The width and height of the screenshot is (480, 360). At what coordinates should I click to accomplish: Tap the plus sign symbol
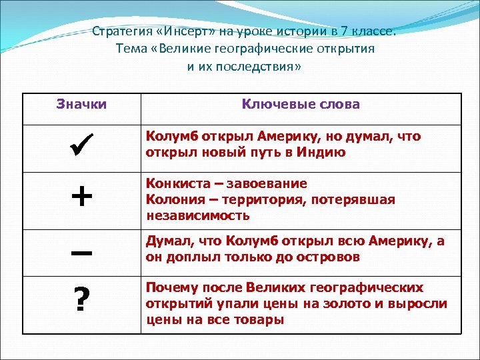(81, 197)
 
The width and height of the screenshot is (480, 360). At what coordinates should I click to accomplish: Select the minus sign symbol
(81, 254)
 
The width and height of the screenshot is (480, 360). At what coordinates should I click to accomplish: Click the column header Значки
(81, 104)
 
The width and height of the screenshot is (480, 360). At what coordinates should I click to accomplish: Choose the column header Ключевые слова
(301, 104)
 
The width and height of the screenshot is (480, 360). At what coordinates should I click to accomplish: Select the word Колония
(169, 199)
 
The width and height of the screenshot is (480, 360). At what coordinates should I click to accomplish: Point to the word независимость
(197, 215)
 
